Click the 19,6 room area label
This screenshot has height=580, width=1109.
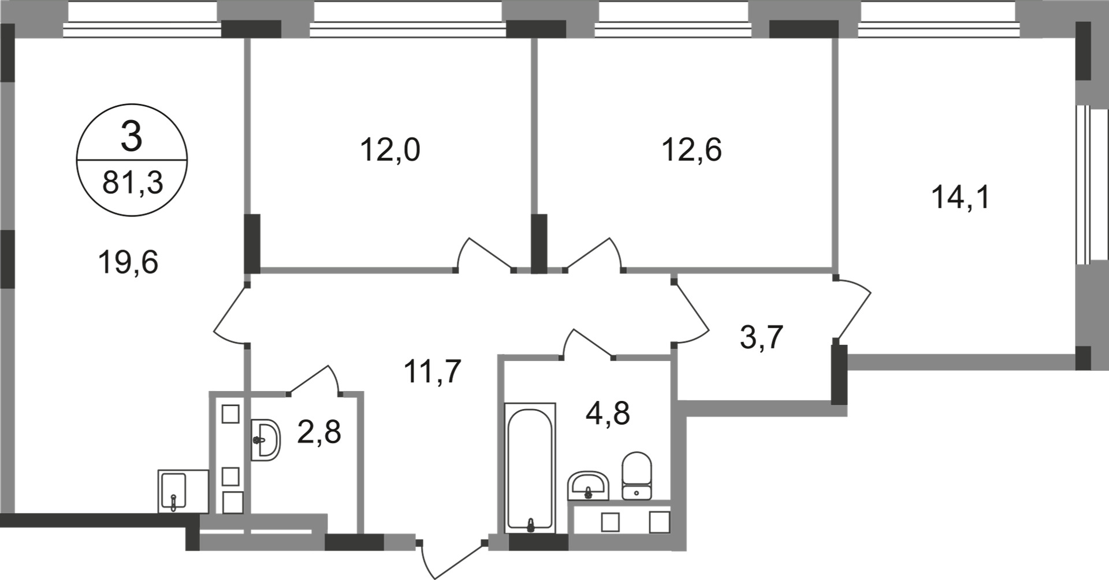click(128, 263)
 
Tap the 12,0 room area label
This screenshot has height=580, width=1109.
click(390, 150)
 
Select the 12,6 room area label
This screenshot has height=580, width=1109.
click(691, 150)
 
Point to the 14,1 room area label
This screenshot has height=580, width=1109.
click(960, 198)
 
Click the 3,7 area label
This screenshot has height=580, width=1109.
click(761, 337)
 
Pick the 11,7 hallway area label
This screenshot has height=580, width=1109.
click(433, 371)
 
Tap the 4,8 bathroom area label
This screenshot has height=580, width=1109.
click(608, 413)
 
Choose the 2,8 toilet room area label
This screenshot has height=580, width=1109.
click(319, 432)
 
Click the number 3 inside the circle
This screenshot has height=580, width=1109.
click(132, 138)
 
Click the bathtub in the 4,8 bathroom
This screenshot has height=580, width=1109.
click(530, 468)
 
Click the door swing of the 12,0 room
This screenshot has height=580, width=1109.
click(484, 255)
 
